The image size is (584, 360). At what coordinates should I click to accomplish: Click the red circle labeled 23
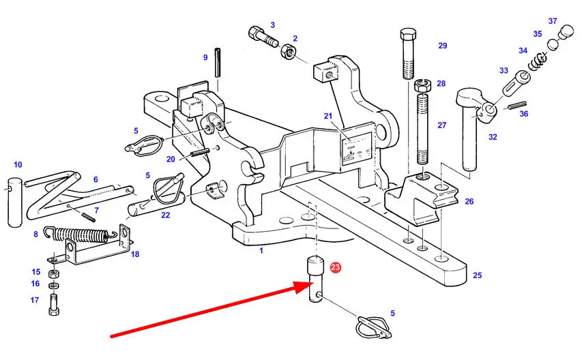coord(335,268)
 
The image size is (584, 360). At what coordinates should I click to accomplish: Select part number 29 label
coord(442,46)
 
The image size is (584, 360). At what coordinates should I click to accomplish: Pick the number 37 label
coord(553,21)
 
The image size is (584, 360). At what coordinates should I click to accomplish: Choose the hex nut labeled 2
coord(287,53)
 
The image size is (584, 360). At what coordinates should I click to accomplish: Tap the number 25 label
coord(477,275)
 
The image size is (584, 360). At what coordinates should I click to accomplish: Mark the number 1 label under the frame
coord(261,250)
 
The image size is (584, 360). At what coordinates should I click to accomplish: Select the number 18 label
coord(134,254)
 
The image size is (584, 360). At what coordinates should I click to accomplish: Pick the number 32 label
coord(493,137)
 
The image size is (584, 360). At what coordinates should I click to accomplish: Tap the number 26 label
coord(469,202)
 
